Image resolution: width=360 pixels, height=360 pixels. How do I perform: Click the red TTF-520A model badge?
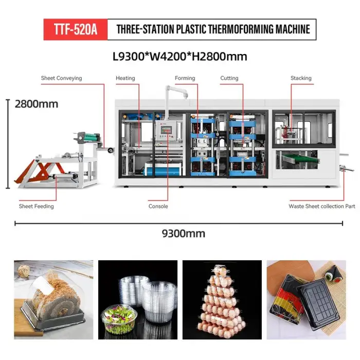click(x=76, y=29)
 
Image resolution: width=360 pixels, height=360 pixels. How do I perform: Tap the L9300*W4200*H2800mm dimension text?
click(x=180, y=57)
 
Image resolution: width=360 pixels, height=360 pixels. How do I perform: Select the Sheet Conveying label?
click(x=61, y=78)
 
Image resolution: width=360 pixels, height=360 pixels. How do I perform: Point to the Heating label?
click(x=125, y=78)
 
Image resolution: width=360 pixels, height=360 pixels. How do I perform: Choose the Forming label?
click(x=185, y=78)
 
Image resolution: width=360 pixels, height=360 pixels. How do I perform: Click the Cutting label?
click(x=229, y=78)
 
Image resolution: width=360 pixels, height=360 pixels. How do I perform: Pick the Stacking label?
click(x=301, y=78)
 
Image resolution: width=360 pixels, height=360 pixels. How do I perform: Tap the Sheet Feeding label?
click(x=37, y=206)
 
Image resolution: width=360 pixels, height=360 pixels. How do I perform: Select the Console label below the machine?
click(x=158, y=206)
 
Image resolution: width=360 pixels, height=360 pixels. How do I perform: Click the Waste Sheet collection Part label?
click(x=321, y=206)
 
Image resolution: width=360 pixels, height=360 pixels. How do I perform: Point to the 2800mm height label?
click(x=37, y=104)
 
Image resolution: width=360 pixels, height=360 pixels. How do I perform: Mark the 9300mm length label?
click(x=184, y=233)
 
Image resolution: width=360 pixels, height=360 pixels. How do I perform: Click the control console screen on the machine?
click(x=166, y=130)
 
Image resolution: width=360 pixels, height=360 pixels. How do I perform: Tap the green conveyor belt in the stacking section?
click(x=300, y=158)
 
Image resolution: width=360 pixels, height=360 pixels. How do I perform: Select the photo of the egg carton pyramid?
click(x=222, y=300)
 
